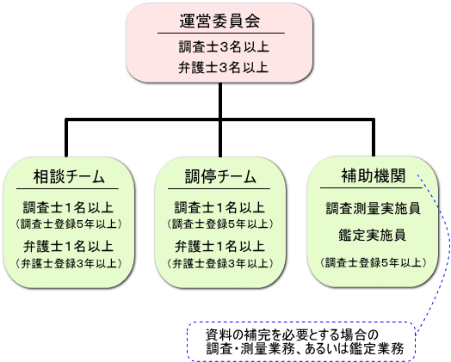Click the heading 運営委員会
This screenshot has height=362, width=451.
pos(220,21)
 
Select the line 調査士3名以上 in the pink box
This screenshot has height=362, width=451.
pos(224,46)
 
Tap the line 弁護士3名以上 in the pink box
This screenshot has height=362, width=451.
pos(223,68)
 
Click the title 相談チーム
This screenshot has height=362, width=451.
pos(69,176)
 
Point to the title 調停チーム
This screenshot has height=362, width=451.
pos(220,176)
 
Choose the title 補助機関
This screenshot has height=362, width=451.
pos(374,175)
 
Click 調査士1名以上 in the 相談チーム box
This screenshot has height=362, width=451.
pos(68,207)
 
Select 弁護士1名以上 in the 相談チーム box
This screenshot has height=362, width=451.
pos(68,246)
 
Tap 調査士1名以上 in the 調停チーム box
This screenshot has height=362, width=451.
pos(219,207)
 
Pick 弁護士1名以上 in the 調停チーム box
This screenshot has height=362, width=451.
pos(219,246)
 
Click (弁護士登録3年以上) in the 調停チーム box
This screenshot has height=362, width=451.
pos(220,263)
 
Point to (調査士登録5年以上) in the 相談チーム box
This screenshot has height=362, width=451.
pos(69,224)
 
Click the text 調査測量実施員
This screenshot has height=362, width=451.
pos(373,209)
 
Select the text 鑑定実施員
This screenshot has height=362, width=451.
pos(372,235)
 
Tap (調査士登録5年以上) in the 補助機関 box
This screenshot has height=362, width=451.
pos(374,262)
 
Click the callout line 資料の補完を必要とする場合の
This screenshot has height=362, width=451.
pos(292,334)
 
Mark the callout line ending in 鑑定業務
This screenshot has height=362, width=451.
pos(306,349)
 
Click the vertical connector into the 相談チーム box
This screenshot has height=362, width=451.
pos(66,138)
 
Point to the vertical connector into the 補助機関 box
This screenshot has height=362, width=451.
pos(374,137)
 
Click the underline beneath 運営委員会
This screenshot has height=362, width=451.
pos(221,33)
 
